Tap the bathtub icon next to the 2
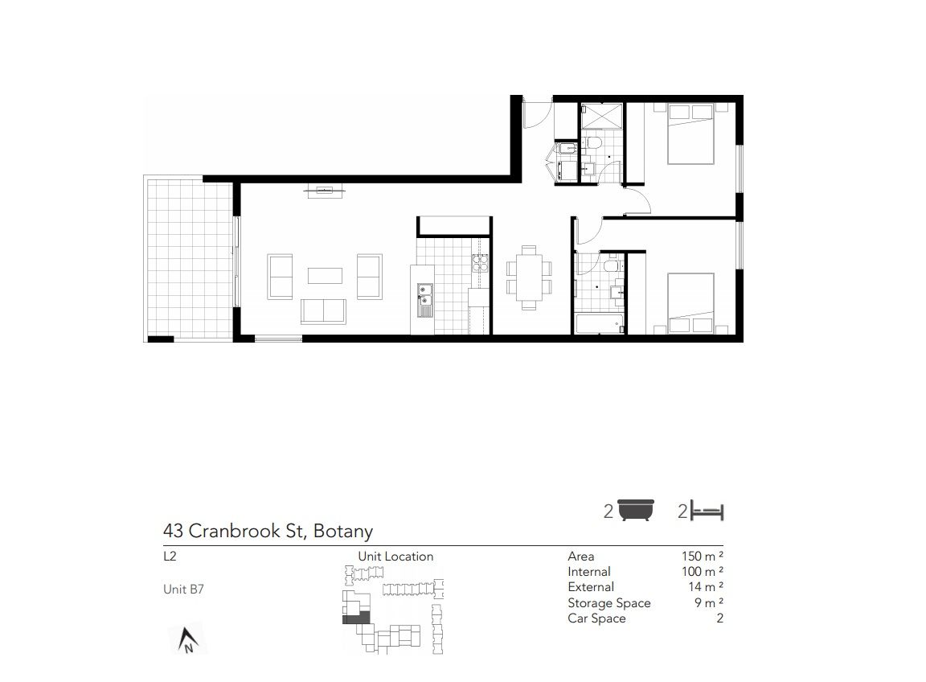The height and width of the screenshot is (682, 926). pos(636,510)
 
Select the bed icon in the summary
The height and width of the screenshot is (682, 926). pos(707,511)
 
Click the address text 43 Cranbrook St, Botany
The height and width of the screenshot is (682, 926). pos(268,531)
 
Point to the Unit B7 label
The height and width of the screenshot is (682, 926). pos(183,590)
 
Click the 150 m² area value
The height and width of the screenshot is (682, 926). pos(703,556)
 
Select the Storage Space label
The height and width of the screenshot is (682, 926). pos(608,603)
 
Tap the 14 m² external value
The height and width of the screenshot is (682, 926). pos(706,587)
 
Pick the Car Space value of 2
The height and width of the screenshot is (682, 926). pos(720,618)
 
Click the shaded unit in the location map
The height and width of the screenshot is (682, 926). pos(356,618)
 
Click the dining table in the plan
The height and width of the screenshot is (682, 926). pos(529,277)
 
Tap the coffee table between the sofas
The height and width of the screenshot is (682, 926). pos(325,275)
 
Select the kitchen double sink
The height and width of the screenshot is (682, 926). pos(424,300)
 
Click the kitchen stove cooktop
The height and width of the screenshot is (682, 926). pos(480,262)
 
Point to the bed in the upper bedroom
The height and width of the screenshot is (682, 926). pos(690,134)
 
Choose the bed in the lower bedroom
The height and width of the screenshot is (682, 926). pos(690,303)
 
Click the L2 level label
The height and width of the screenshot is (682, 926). pos(170,556)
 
